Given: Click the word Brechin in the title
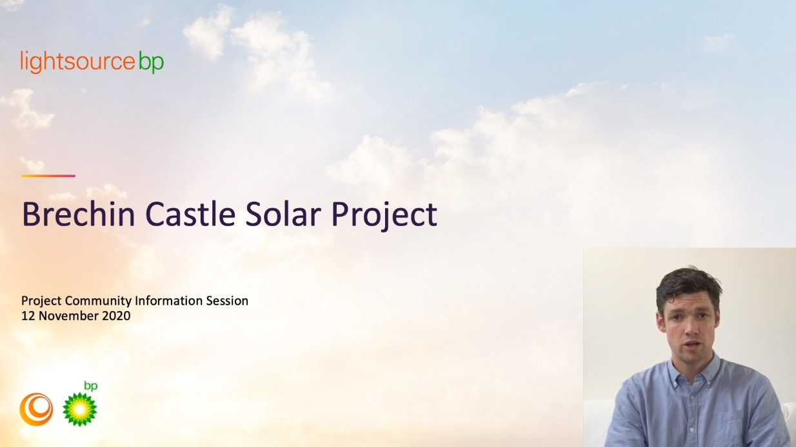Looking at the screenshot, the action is (x=79, y=214).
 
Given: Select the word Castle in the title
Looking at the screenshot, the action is (x=190, y=214).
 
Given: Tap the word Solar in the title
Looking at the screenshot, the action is (x=283, y=214).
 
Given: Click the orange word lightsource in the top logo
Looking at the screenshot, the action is (x=78, y=61).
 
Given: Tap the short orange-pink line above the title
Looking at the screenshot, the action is (x=48, y=176).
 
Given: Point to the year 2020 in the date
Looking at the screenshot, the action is (x=116, y=316).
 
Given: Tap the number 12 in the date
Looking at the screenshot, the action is (x=28, y=316).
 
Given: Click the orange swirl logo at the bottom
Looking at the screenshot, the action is (x=36, y=410).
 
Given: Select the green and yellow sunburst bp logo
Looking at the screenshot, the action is (x=79, y=409).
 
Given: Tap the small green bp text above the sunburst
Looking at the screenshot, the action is (x=90, y=386).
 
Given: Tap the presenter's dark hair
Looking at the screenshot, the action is (x=688, y=285).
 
